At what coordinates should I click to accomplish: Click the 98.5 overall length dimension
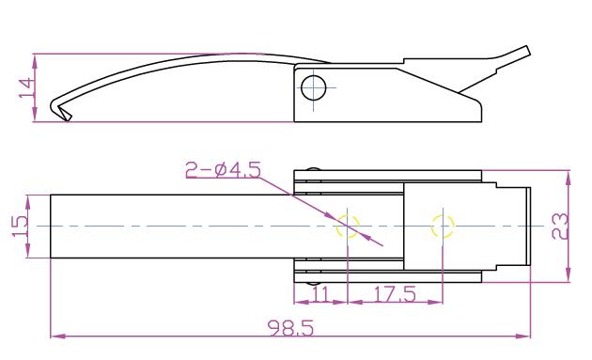tap(290, 328)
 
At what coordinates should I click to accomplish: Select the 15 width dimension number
tap(20, 226)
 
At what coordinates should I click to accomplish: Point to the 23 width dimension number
tap(560, 227)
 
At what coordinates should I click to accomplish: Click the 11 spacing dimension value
tap(320, 293)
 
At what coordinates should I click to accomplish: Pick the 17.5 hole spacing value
tap(395, 293)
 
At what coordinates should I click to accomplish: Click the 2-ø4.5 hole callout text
tap(223, 169)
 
